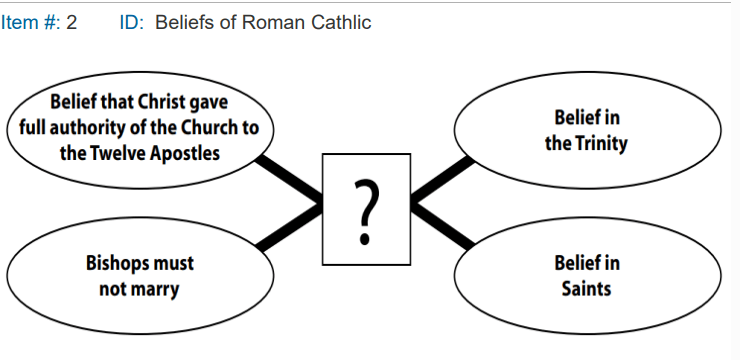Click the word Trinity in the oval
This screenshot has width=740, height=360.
tap(601, 143)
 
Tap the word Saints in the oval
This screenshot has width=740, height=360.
tap(587, 288)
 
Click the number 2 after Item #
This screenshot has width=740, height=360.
tap(71, 22)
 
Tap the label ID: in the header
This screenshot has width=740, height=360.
tap(132, 22)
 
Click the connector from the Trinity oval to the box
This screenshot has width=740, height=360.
tap(443, 181)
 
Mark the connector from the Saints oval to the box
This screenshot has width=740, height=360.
tap(443, 225)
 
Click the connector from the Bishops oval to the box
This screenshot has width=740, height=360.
tap(289, 225)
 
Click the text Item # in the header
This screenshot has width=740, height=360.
tap(28, 22)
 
